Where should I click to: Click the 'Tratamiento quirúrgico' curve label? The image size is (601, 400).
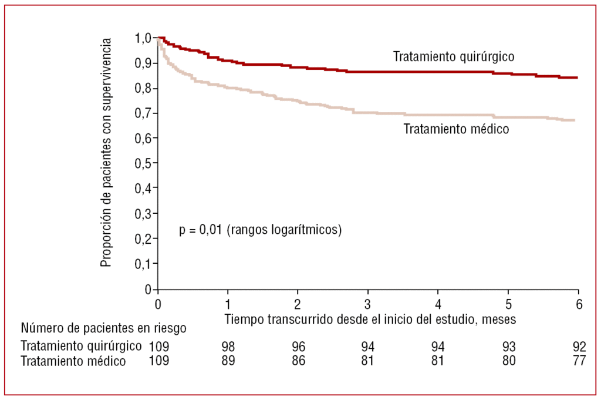pyautogui.click(x=454, y=56)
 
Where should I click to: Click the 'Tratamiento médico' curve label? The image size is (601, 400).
pyautogui.click(x=456, y=129)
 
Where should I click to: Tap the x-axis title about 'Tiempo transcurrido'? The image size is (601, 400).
pyautogui.click(x=370, y=318)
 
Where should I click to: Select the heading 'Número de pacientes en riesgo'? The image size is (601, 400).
pyautogui.click(x=104, y=328)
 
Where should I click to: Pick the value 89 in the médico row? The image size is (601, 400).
pyautogui.click(x=228, y=361)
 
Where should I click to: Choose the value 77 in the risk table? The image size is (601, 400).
pyautogui.click(x=579, y=361)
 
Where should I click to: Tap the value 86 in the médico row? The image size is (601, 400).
pyautogui.click(x=298, y=361)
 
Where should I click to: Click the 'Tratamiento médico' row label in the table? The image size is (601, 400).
pyautogui.click(x=73, y=361)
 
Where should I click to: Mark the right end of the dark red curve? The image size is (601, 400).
pyautogui.click(x=578, y=78)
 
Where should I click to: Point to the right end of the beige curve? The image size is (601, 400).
pyautogui.click(x=574, y=120)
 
